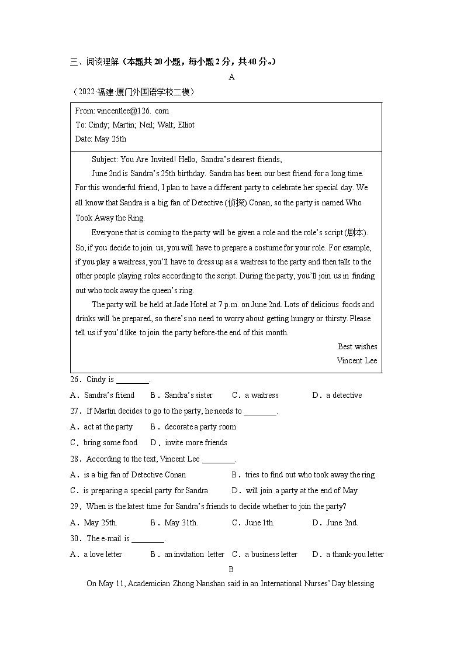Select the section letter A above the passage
pos(231,77)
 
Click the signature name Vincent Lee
pos(356,360)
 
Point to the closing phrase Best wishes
pos(357,346)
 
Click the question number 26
pos(74,380)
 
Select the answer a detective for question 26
pos(344,395)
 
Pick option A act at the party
pos(108,426)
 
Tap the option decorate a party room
pos(200,426)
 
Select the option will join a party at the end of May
pos(302,490)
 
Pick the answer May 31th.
pos(181,522)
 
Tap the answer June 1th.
pos(259,522)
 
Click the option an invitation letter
pos(194,554)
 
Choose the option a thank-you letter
pos(355,554)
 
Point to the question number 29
pos(74,506)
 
